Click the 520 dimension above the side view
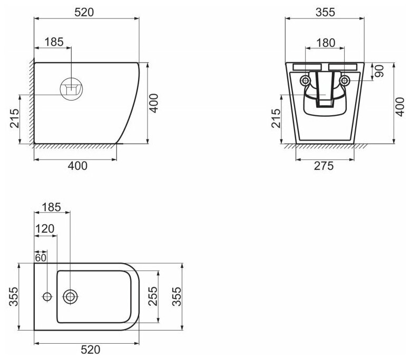point(84,12)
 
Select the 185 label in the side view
point(54,42)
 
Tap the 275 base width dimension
point(324,166)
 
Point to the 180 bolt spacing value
point(326,43)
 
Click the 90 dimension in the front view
point(379,71)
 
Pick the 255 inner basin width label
point(153,296)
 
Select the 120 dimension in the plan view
point(45,229)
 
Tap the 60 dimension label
point(41,257)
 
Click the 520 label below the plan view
point(91,349)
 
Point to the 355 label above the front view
point(325,12)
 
